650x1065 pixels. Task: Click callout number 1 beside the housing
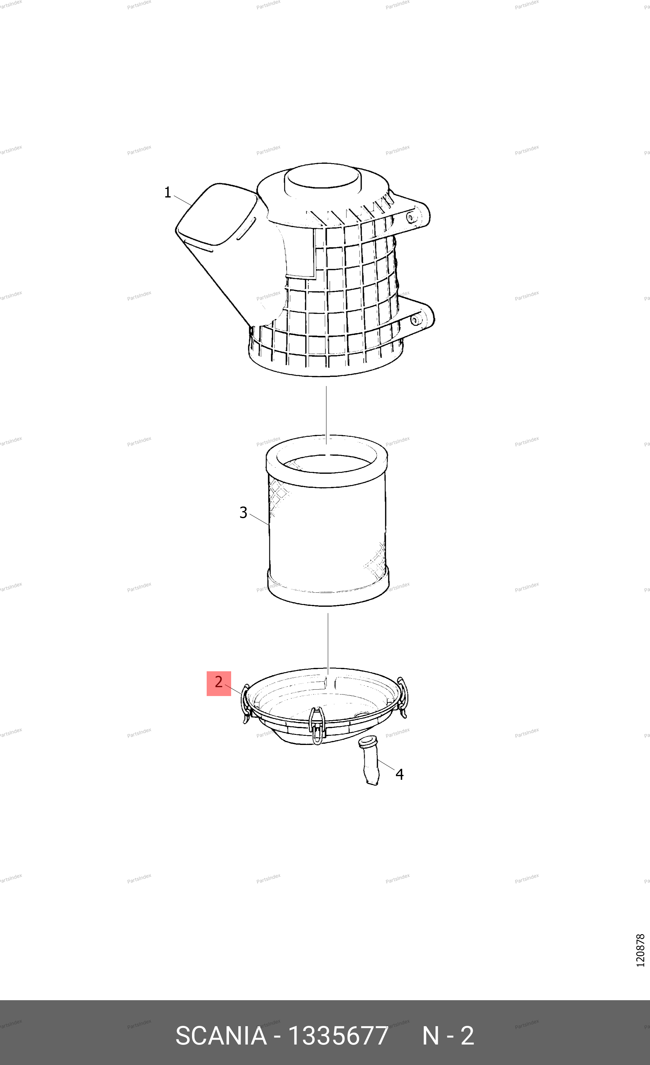click(168, 192)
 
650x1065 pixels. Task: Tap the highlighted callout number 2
click(219, 682)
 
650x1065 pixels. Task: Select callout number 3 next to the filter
click(243, 513)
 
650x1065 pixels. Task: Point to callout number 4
click(400, 774)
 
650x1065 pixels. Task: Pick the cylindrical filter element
click(327, 520)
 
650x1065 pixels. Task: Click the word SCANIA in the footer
click(221, 1036)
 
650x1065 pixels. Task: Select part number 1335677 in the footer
click(338, 1036)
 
